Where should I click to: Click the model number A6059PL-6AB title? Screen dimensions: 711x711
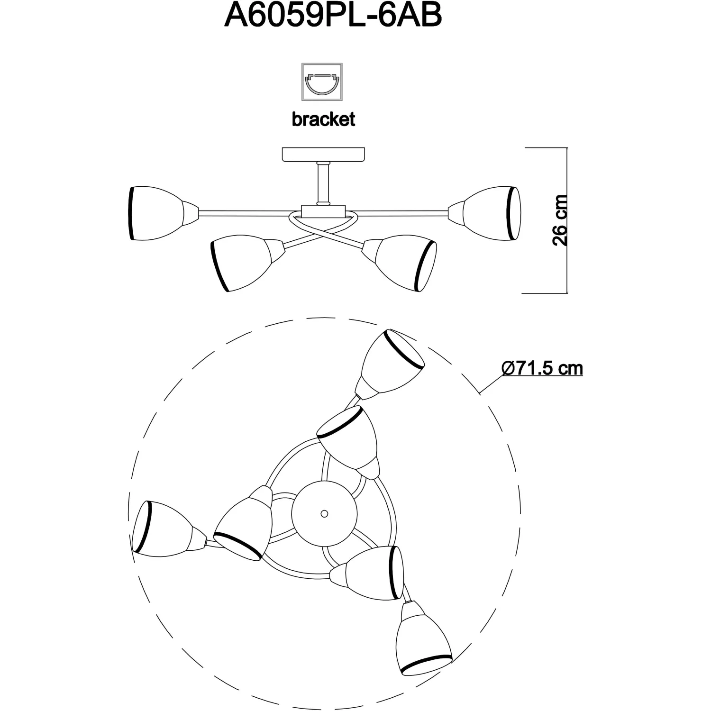pos(333,16)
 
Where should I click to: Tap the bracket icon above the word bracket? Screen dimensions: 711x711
pos(322,82)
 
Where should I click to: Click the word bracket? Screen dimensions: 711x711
pos(323,119)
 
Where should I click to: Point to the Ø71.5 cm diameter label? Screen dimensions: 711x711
pos(542,368)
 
